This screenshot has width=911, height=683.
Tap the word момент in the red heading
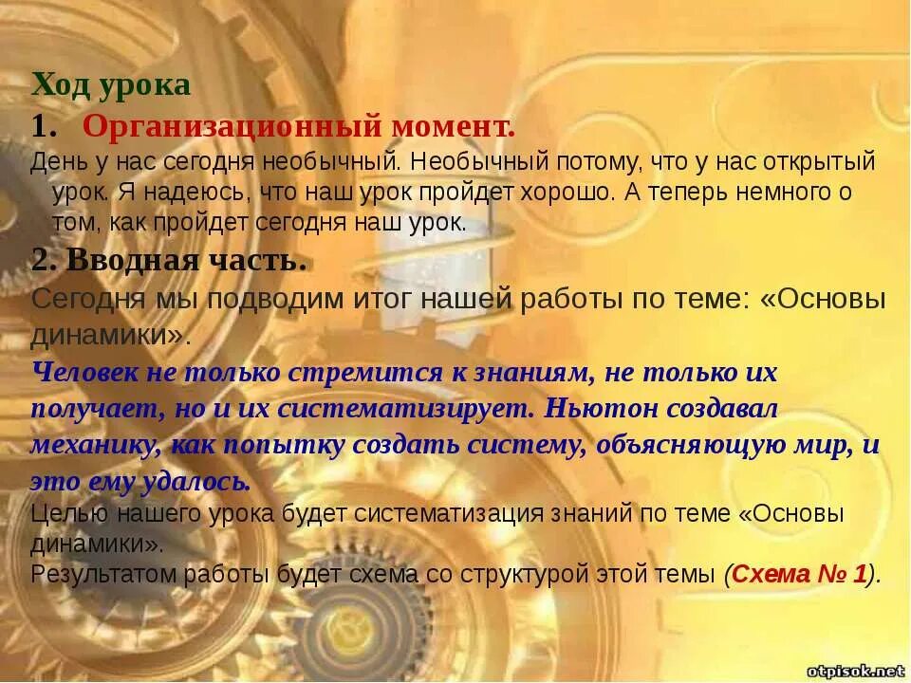[451, 125]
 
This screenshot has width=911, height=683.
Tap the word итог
[378, 300]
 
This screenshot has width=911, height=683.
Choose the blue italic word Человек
[84, 372]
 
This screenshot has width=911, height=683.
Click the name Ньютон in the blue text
[604, 409]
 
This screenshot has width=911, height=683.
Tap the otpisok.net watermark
[856, 671]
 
